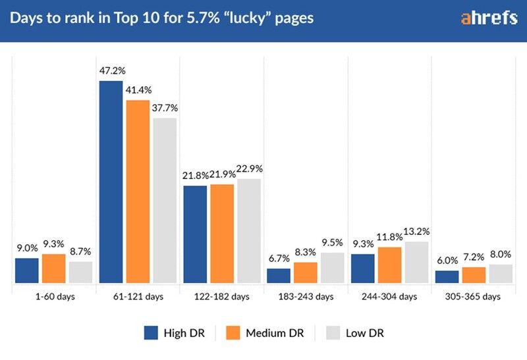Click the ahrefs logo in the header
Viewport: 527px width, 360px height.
pos(489,18)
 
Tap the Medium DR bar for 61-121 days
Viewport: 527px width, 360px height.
pos(138,192)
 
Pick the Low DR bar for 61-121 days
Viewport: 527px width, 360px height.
pos(165,201)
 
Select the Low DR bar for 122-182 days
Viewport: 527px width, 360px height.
pos(249,231)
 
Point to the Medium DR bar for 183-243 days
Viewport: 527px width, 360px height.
pos(306,273)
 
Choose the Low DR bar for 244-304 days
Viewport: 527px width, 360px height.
pos(416,263)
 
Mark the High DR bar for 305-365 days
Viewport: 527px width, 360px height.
pos(447,277)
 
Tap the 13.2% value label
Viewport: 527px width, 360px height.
pos(418,231)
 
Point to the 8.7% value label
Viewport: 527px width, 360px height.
pos(81,251)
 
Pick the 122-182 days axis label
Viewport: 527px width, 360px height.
pos(222,297)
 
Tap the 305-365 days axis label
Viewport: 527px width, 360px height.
pos(474,297)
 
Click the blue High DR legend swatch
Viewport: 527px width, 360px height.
pos(152,333)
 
